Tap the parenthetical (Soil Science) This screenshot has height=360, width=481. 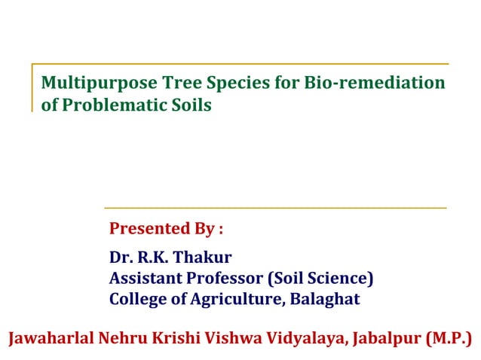[x=321, y=279]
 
